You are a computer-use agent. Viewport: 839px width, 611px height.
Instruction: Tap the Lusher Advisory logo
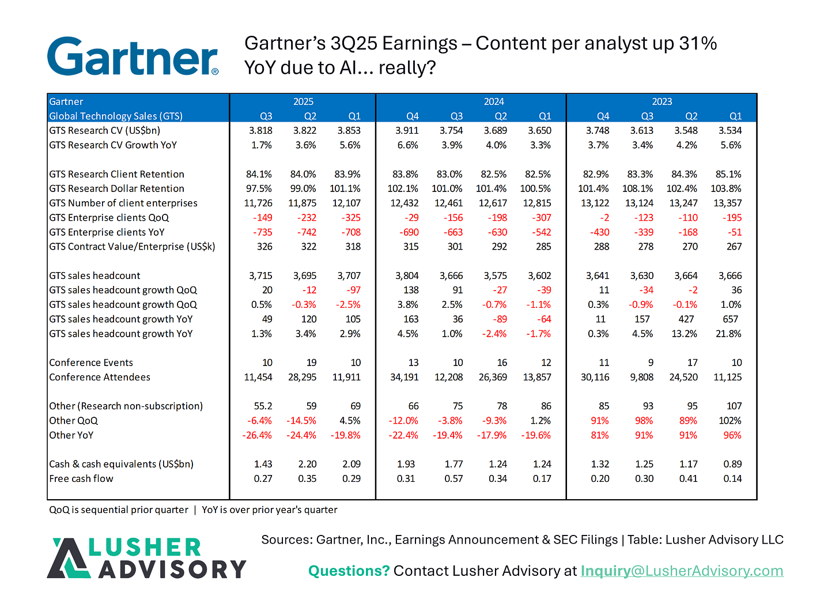pos(146,558)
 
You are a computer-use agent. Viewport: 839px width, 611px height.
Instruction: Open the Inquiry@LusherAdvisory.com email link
pos(682,571)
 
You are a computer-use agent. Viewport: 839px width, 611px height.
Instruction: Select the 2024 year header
pos(494,101)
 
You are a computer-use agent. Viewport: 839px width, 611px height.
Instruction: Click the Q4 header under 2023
pos(603,116)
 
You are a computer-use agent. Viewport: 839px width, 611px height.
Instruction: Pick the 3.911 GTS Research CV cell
pos(407,130)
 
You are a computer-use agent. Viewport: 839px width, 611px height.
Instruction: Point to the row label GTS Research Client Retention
pos(116,174)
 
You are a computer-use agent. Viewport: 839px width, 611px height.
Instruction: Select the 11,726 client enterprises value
pos(258,203)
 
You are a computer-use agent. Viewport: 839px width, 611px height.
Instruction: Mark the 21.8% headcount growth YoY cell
pos(728,334)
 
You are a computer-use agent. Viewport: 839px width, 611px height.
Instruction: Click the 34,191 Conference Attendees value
pos(404,377)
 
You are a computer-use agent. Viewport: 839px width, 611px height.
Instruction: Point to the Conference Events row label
pos(91,363)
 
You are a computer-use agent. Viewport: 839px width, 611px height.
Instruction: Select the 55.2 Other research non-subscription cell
pos(263,406)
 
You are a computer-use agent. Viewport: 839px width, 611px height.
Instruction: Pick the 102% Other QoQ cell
pos(730,421)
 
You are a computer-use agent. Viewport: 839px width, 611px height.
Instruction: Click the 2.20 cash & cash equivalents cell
pos(307,464)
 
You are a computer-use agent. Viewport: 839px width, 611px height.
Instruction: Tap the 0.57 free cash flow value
pos(453,478)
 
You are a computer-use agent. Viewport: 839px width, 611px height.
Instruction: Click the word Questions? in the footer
pos(349,571)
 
